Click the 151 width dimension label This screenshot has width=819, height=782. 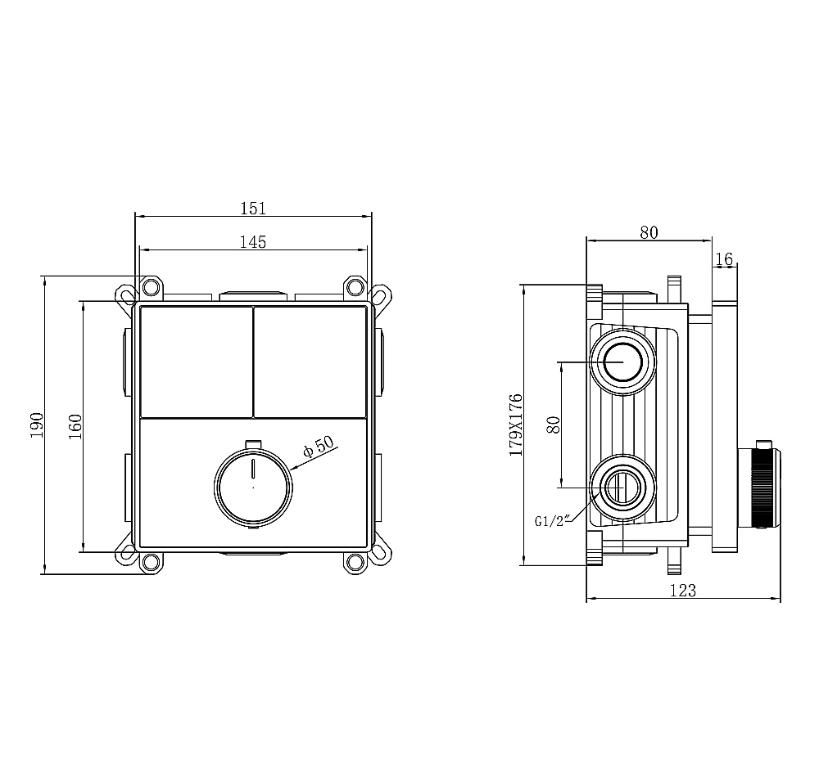pyautogui.click(x=253, y=209)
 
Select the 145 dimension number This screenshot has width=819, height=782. pyautogui.click(x=253, y=242)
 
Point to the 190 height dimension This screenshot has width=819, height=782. pyautogui.click(x=37, y=425)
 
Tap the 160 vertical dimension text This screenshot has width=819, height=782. pyautogui.click(x=75, y=426)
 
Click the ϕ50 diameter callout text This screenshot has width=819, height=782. pyautogui.click(x=318, y=447)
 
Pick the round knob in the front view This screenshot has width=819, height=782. pyautogui.click(x=253, y=488)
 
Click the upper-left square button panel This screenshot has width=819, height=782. pyautogui.click(x=196, y=362)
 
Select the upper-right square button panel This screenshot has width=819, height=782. pyautogui.click(x=310, y=362)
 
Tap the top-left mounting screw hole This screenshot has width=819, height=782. pyautogui.click(x=152, y=285)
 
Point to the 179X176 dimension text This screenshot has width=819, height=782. pyautogui.click(x=516, y=425)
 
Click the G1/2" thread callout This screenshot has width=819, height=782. pyautogui.click(x=551, y=520)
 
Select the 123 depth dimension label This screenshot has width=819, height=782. pyautogui.click(x=683, y=591)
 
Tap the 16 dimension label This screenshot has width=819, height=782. pyautogui.click(x=724, y=258)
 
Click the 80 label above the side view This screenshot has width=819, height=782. pyautogui.click(x=649, y=232)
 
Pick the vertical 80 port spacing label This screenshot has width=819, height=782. pyautogui.click(x=553, y=425)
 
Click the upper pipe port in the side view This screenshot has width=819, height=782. pyautogui.click(x=622, y=362)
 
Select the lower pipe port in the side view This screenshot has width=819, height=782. pyautogui.click(x=622, y=488)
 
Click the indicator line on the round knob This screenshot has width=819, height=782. pyautogui.click(x=253, y=469)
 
